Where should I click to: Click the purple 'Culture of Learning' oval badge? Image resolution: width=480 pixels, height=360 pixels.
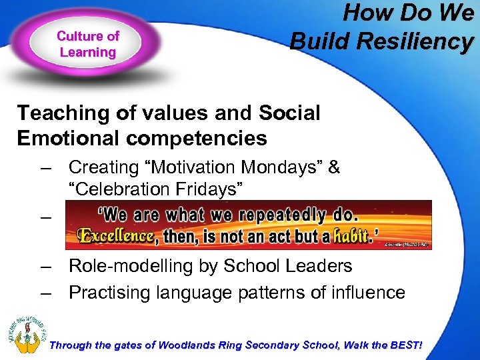(87, 45)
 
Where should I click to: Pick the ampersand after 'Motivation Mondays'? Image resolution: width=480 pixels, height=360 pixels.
(333, 167)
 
